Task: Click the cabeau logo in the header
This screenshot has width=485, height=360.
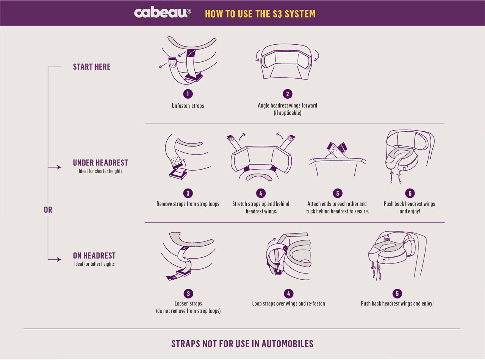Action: (x=162, y=13)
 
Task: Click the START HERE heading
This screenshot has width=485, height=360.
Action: (x=92, y=67)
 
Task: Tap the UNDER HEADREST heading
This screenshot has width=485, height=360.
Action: (x=100, y=163)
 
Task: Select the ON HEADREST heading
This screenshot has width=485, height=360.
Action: (x=94, y=256)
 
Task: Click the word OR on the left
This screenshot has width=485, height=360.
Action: (x=48, y=210)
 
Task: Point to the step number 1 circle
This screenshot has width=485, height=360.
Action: (x=188, y=94)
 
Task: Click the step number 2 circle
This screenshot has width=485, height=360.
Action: (x=287, y=94)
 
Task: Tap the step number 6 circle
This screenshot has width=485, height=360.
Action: (x=409, y=193)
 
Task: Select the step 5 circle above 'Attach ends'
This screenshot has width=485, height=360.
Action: (x=337, y=193)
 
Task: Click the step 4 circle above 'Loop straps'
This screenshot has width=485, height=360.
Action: (x=288, y=293)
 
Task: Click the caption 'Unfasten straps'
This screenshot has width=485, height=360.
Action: (x=188, y=106)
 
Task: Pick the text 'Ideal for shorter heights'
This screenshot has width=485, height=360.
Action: (x=98, y=171)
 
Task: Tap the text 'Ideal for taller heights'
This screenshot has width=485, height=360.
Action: (x=94, y=264)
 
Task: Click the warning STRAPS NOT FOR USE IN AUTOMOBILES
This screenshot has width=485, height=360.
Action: (x=242, y=344)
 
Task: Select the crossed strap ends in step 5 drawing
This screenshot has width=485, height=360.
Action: (x=337, y=149)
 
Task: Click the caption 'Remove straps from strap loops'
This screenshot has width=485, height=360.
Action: (x=188, y=204)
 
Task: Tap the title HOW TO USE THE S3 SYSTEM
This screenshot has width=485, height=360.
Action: (x=260, y=14)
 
